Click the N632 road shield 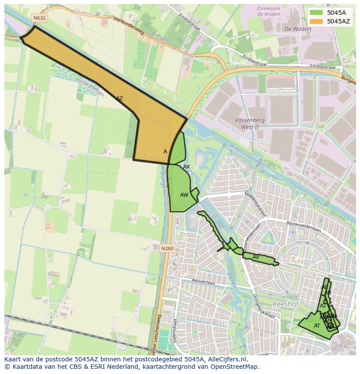39,18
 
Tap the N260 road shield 167,248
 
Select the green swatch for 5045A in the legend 316,13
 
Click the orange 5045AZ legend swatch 316,21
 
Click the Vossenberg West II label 240,123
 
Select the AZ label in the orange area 119,99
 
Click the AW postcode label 184,195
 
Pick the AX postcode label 187,167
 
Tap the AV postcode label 256,257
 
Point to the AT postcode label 317,325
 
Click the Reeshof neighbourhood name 285,304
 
